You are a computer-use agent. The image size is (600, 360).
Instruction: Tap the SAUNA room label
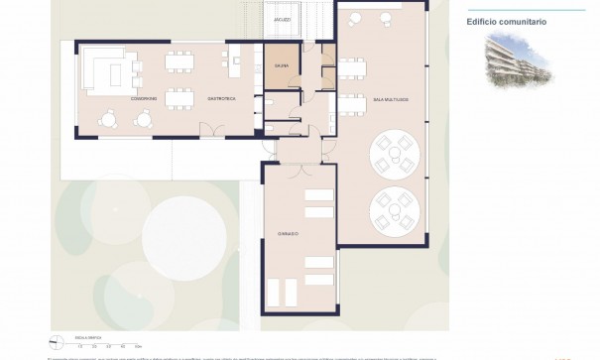[282, 66]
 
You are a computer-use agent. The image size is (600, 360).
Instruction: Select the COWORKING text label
[144, 98]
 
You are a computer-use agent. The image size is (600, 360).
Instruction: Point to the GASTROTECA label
[192, 98]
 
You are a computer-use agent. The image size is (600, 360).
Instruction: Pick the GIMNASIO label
[289, 234]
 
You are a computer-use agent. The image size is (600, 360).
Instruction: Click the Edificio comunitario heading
[506, 21]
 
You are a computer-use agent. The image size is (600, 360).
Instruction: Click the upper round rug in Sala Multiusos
[394, 156]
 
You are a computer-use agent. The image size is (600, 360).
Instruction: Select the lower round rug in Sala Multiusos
[394, 210]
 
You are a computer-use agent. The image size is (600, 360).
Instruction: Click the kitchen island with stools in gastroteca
[237, 66]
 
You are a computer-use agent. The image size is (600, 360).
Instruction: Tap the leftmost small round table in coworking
[104, 119]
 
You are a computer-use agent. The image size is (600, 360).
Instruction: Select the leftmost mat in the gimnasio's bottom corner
[275, 293]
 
